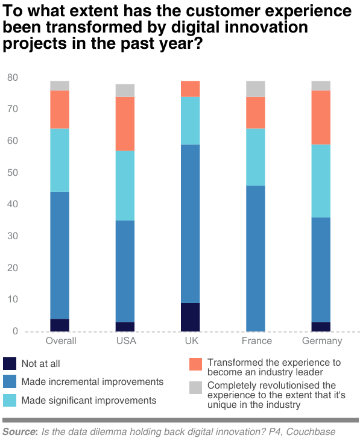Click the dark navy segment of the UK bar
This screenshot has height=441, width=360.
(190, 317)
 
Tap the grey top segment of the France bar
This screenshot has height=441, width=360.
(256, 89)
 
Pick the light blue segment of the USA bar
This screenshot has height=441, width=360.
(125, 186)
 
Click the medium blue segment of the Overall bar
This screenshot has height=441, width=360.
(60, 255)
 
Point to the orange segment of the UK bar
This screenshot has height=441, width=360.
(190, 89)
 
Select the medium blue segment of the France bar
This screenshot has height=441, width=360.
(256, 258)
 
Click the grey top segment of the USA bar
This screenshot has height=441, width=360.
(125, 90)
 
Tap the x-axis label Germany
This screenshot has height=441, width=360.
(321, 341)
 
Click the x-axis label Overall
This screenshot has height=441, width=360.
(61, 341)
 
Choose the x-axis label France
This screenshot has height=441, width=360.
(256, 341)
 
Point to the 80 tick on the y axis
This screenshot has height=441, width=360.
(12, 78)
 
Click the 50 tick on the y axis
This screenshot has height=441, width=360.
(12, 173)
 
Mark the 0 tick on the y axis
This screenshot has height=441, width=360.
(15, 331)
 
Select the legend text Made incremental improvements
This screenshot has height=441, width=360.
(92, 381)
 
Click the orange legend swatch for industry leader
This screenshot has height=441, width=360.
(195, 364)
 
